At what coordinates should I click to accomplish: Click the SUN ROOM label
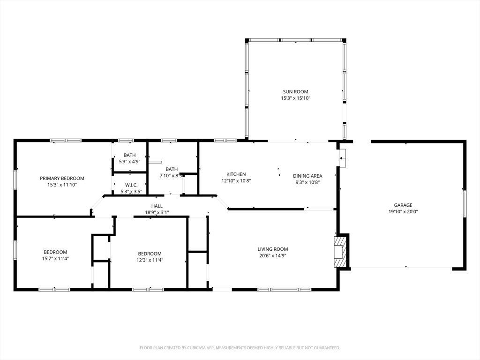coord(295,91)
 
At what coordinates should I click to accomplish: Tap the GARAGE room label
coord(403,205)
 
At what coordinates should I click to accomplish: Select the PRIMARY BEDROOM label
coord(62,178)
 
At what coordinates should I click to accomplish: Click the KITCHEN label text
coord(236,174)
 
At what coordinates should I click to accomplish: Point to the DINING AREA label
coord(307,176)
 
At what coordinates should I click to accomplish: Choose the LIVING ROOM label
coord(272,249)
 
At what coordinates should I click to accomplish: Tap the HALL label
coord(157,206)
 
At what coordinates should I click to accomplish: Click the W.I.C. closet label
coord(131,185)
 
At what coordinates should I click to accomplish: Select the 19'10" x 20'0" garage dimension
coord(403,211)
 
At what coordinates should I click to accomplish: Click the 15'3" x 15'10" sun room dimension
coord(296,98)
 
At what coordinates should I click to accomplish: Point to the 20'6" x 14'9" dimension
coord(273,255)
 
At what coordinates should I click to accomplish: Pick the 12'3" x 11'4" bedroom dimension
coord(150,260)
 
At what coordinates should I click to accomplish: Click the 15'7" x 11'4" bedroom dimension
coord(55,258)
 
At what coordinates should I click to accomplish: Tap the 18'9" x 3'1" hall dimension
coord(157,212)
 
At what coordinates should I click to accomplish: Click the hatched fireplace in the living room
coord(340,251)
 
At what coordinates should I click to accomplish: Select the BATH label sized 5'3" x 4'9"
coord(129,155)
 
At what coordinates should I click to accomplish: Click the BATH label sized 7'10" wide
coord(172,169)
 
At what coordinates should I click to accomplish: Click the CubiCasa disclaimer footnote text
coord(240,348)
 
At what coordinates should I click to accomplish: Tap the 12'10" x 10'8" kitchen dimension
coord(236,181)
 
